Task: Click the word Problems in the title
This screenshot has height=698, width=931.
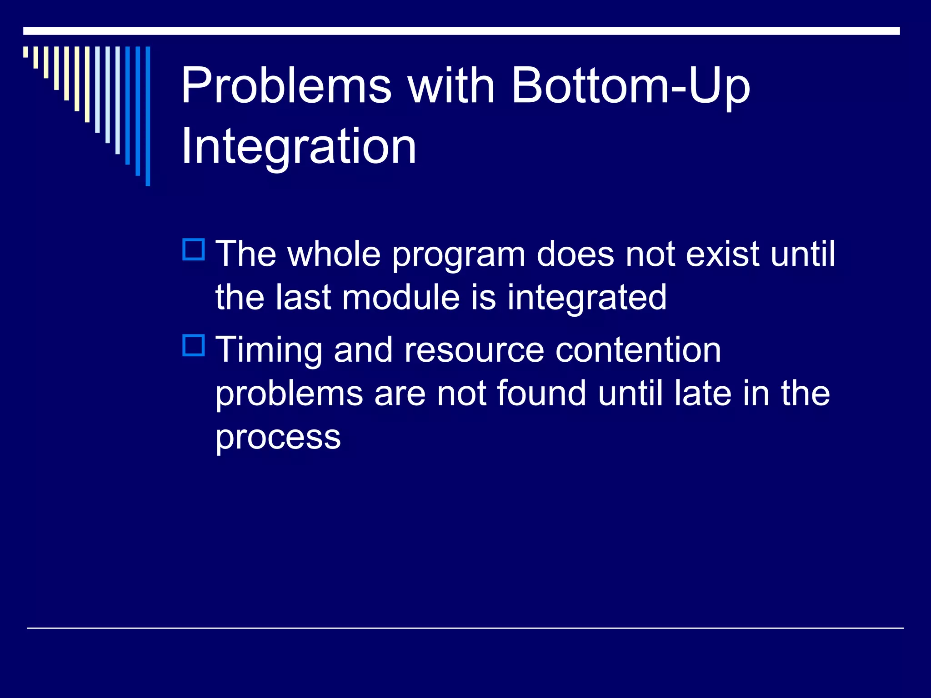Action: pos(286,86)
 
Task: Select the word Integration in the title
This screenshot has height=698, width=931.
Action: pos(298,146)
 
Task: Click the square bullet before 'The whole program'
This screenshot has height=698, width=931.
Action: pos(194,249)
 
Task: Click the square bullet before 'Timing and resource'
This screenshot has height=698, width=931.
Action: pos(194,345)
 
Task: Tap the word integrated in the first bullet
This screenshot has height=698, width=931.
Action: pos(586,298)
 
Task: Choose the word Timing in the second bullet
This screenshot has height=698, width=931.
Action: pos(269,351)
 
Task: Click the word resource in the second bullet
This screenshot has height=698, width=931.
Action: pos(474,351)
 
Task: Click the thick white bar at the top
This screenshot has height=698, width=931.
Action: pos(461,31)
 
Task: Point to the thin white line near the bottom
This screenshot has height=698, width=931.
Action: pos(465,628)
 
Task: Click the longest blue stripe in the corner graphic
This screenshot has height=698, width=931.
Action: pos(148,116)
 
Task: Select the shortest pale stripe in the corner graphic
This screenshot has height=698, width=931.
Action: pos(25,52)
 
